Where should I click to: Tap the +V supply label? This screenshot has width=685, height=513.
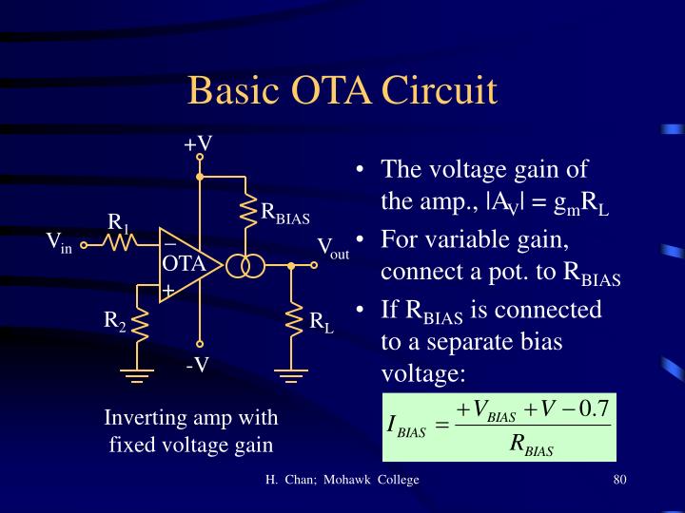[198, 143]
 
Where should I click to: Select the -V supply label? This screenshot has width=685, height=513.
[198, 365]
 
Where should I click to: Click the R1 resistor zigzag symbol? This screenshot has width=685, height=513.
[121, 244]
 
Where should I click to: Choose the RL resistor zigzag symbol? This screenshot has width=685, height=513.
[292, 322]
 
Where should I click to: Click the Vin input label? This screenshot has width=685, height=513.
[60, 243]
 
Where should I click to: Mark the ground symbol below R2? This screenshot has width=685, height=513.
[140, 375]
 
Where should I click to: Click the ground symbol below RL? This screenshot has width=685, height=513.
[292, 376]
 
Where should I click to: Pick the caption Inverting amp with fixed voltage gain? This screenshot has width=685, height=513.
[191, 430]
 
